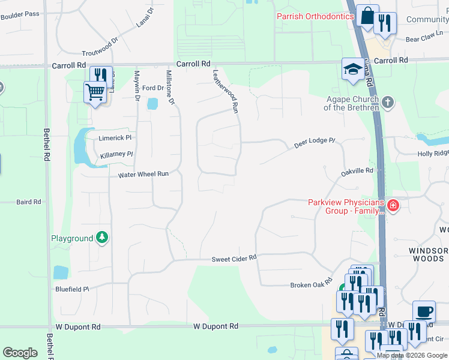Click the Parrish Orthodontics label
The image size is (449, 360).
[x=315, y=16]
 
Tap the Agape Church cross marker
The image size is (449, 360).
[x=388, y=102]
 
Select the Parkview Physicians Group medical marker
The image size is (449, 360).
[x=393, y=207]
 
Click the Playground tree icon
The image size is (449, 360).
[x=103, y=238]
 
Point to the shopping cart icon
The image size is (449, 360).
[x=94, y=93]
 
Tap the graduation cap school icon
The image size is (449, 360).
[x=352, y=69]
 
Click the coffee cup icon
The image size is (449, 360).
[x=424, y=312]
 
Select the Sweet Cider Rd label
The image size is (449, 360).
[x=234, y=259]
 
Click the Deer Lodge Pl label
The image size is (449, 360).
[x=314, y=143]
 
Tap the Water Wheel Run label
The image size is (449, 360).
[x=143, y=174]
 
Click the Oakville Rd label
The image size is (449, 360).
[x=357, y=172]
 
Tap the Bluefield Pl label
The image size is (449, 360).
[x=72, y=289]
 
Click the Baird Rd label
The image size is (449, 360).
[x=29, y=202]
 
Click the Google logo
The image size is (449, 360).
[x=20, y=352]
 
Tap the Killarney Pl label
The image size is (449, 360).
[x=116, y=155]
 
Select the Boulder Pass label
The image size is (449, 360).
[x=20, y=14]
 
